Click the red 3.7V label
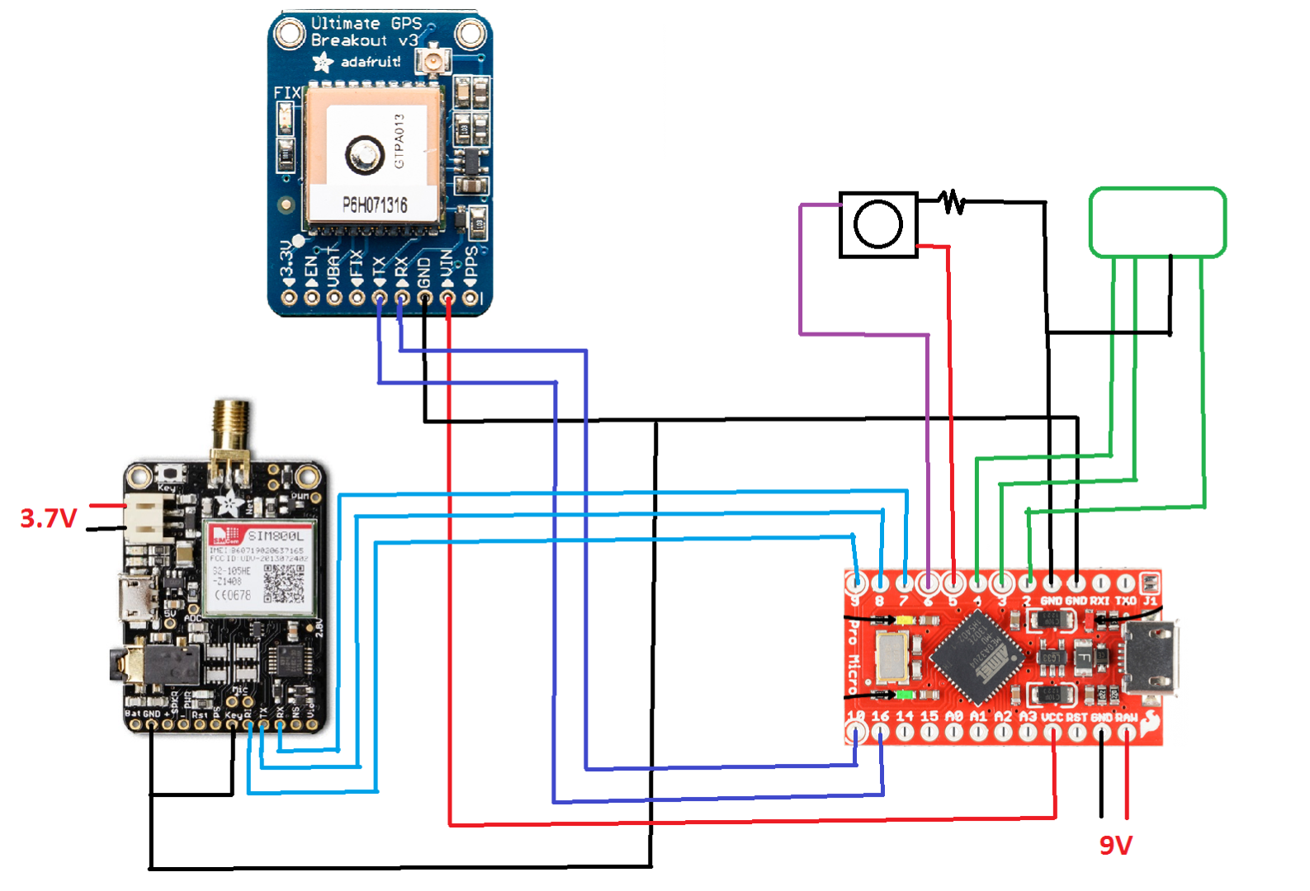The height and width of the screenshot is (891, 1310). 48,519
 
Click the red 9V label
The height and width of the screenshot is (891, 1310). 1115,846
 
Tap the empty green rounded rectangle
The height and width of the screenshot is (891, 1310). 1157,223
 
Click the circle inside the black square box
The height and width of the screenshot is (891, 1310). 877,224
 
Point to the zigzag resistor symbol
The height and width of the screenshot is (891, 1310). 952,201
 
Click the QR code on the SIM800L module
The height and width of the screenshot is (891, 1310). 283,584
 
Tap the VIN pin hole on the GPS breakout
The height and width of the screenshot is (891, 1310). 448,298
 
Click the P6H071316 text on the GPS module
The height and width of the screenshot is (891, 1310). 375,205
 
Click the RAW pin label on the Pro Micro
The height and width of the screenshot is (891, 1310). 1127,718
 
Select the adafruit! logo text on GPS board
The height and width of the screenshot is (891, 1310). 371,62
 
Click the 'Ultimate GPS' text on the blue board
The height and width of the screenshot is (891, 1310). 367,24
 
